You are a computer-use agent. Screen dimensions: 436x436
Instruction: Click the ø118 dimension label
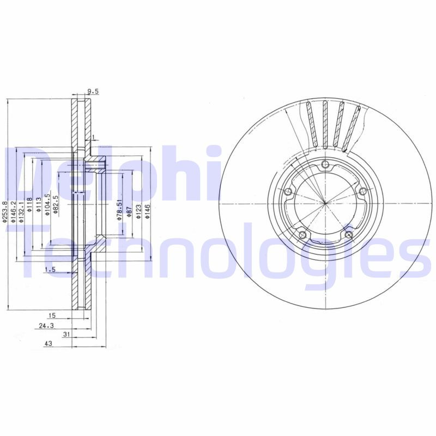30,208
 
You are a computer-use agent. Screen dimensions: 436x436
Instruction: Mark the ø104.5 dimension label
47,205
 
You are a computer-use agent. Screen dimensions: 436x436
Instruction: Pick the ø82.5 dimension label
56,208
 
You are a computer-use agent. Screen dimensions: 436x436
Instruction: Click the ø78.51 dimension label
119,209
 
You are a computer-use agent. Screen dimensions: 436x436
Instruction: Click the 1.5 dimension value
50,270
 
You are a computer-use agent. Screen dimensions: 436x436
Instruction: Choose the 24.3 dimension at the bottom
46,325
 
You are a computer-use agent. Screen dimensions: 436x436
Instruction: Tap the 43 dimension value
47,344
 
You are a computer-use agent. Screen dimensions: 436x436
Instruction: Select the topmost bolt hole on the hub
325,166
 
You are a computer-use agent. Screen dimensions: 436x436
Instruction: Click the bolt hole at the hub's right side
362,190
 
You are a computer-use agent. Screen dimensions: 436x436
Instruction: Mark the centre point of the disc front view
325,203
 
